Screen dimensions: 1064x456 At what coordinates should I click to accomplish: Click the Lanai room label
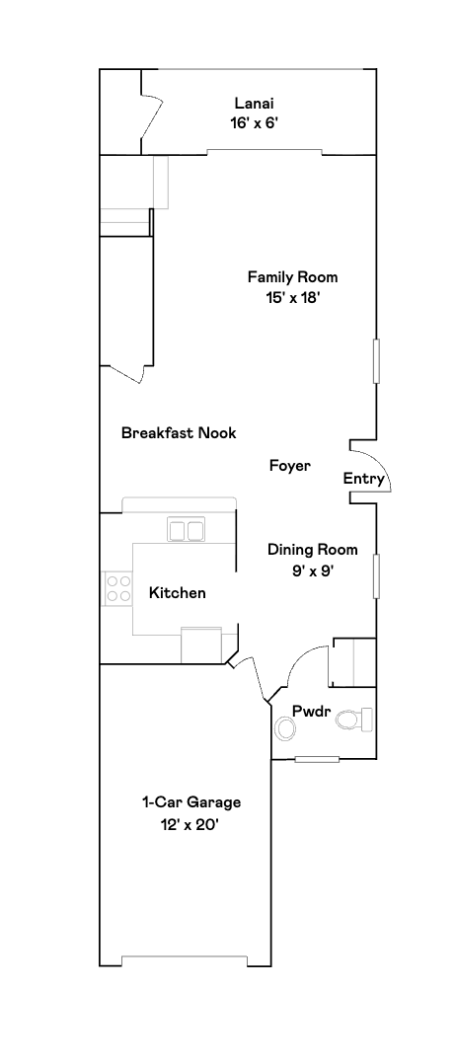[x=254, y=103]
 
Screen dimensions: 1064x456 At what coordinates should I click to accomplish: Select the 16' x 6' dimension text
[x=254, y=123]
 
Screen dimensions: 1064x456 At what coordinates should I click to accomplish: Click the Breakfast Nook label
[x=179, y=432]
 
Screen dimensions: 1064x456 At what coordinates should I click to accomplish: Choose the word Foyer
[x=290, y=466]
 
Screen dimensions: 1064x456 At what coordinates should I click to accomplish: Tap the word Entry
[x=363, y=479]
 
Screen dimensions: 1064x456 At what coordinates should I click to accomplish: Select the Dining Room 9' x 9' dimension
[x=312, y=570]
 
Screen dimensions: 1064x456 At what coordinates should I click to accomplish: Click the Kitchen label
[x=178, y=592]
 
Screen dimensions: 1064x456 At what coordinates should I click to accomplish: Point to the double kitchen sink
[x=186, y=531]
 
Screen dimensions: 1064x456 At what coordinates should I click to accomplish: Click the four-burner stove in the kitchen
[x=118, y=589]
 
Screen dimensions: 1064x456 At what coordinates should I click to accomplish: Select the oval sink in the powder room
[x=286, y=728]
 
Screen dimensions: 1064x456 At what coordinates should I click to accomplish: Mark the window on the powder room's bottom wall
[x=316, y=759]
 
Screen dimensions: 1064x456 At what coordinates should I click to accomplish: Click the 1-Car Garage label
[x=191, y=802]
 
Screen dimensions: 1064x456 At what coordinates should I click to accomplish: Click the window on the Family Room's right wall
[x=375, y=360]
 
